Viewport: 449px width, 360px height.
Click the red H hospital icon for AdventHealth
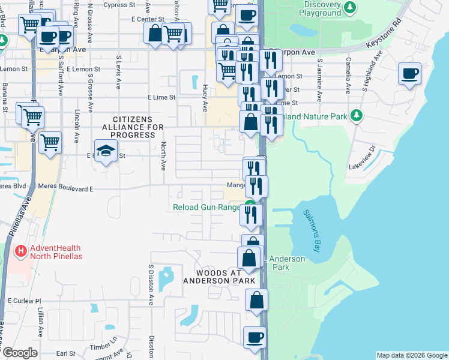tap(20, 250)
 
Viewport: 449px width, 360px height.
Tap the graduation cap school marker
tap(106, 151)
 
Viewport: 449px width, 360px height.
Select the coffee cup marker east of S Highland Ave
tap(410, 74)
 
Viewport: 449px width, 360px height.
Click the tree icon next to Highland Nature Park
tap(357, 115)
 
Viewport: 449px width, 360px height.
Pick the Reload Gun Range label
tap(206, 208)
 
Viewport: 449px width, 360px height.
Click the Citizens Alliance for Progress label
tap(128, 127)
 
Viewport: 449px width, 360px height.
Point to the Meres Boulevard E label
tap(65, 188)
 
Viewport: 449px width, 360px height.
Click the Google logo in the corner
tap(19, 352)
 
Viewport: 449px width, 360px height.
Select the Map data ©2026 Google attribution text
tap(411, 355)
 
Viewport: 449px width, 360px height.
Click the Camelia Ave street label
tap(348, 76)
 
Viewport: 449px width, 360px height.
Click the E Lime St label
tap(161, 97)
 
